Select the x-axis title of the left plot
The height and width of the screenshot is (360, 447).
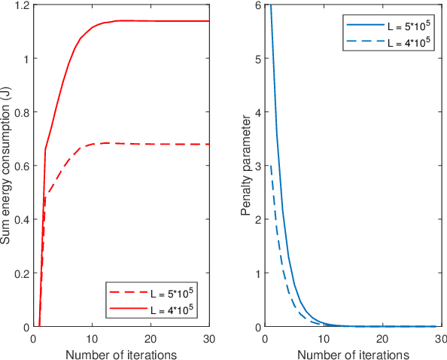point(120,354)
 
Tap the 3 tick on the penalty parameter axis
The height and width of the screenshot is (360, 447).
point(257,166)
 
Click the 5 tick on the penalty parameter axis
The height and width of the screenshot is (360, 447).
point(257,59)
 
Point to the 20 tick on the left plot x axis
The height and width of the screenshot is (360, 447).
point(151,338)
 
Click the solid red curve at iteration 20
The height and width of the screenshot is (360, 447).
point(151,21)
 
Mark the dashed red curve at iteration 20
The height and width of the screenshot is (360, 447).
point(151,144)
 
